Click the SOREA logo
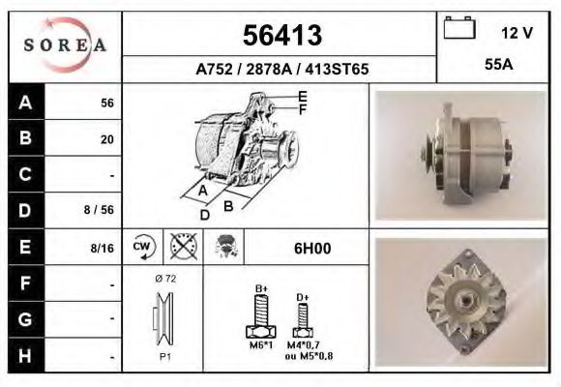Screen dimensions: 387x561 pyautogui.click(x=64, y=46)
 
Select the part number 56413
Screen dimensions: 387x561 pyautogui.click(x=280, y=36)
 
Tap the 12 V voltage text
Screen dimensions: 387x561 pyautogui.click(x=517, y=33)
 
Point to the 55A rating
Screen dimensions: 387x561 pyautogui.click(x=498, y=67)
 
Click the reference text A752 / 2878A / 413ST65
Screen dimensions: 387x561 pyautogui.click(x=281, y=70)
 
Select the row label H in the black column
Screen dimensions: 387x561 pyautogui.click(x=25, y=355)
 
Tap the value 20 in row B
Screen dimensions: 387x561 pyautogui.click(x=107, y=139)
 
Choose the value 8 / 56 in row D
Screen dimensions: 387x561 pyautogui.click(x=100, y=210)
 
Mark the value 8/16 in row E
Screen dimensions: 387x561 pyautogui.click(x=101, y=248)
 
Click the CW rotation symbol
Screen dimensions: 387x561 pyautogui.click(x=142, y=247)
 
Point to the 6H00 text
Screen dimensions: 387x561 pyautogui.click(x=311, y=248)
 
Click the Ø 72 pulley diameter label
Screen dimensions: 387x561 pyautogui.click(x=164, y=279)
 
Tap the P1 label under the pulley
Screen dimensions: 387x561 pyautogui.click(x=165, y=357)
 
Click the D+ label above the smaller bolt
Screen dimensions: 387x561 pyautogui.click(x=302, y=297)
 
